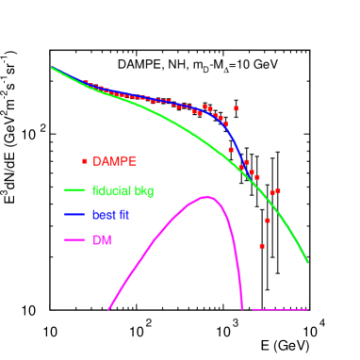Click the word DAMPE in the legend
click(115, 161)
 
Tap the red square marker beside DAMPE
click(85, 161)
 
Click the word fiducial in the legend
click(109, 190)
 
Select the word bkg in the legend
click(143, 190)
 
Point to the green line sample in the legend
click(75, 190)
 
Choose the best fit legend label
click(110, 215)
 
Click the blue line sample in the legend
click(75, 215)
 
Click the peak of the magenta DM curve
click(205, 197)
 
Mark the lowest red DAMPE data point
click(262, 246)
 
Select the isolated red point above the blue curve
click(236, 108)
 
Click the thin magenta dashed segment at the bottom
click(280, 309)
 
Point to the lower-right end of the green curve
click(307, 262)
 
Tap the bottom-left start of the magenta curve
click(109, 308)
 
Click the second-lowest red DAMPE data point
click(268, 221)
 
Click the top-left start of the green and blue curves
click(52, 68)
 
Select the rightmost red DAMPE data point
click(277, 190)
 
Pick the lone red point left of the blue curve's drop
click(230, 149)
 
